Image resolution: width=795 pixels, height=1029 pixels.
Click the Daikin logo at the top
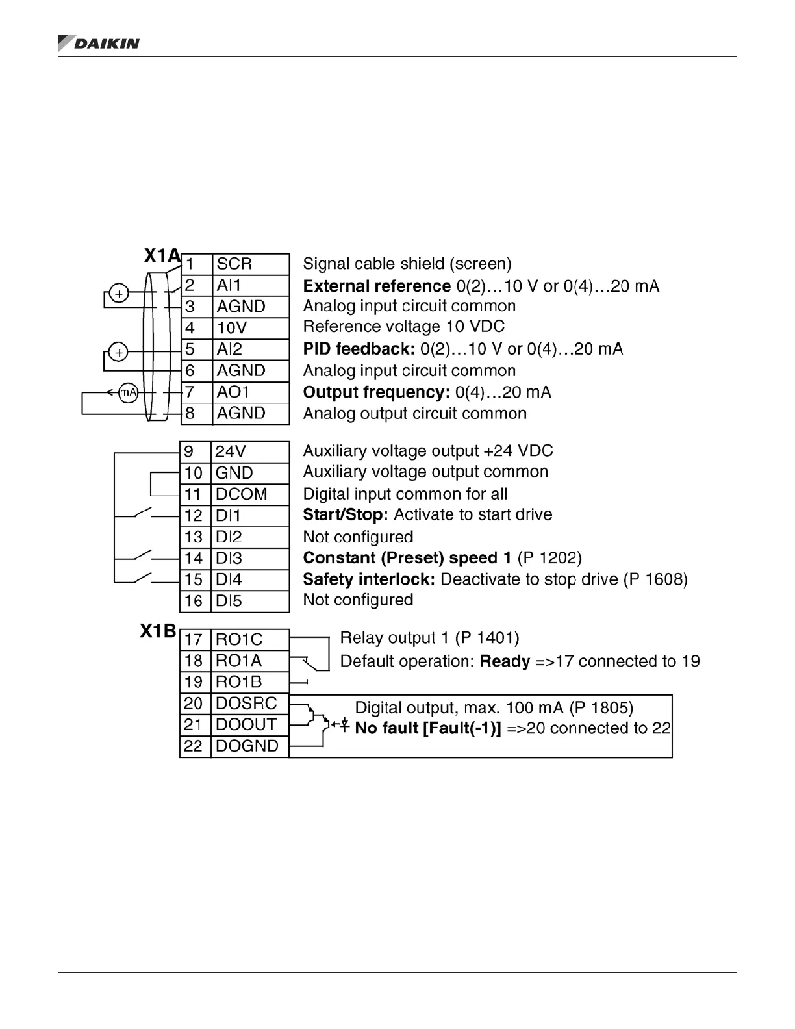pyautogui.click(x=99, y=44)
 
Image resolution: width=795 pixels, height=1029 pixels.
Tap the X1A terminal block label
pyautogui.click(x=162, y=256)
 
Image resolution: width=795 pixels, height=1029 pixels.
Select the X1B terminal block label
pyautogui.click(x=158, y=631)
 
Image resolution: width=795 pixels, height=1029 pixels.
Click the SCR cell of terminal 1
pyautogui.click(x=250, y=264)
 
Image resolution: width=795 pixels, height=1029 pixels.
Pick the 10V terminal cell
pyautogui.click(x=250, y=328)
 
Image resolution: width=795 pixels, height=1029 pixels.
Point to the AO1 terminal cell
pyautogui.click(x=250, y=392)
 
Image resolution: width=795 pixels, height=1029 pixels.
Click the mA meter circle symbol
pyautogui.click(x=129, y=392)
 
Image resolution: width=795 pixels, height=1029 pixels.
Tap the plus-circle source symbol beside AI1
pyautogui.click(x=118, y=294)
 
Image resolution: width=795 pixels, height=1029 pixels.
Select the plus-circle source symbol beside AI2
pyautogui.click(x=118, y=353)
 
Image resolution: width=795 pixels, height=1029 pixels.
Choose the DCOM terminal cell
pyautogui.click(x=249, y=494)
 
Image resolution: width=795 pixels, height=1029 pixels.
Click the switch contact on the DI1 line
pyautogui.click(x=143, y=513)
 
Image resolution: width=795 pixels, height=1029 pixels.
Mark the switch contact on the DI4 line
pyautogui.click(x=143, y=577)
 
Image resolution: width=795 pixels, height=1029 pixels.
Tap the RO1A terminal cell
pyautogui.click(x=249, y=661)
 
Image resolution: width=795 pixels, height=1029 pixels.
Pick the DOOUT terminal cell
pyautogui.click(x=249, y=725)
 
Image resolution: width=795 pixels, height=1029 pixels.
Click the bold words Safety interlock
pyautogui.click(x=369, y=579)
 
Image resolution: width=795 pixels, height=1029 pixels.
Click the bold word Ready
pyautogui.click(x=505, y=661)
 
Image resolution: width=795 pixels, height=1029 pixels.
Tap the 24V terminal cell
pyautogui.click(x=249, y=451)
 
